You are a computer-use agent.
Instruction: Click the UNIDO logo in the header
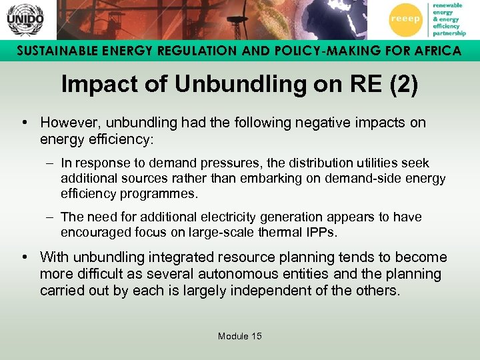pos(25,19)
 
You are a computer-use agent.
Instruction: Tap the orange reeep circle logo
pos(405,19)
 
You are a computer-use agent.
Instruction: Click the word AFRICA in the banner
pos(434,51)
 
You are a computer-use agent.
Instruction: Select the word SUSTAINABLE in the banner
pos(55,51)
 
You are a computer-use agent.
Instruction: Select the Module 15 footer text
pos(240,336)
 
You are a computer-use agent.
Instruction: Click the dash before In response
pos(51,163)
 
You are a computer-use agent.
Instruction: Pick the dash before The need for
pos(51,217)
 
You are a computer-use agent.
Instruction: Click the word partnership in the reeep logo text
pos(449,32)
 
